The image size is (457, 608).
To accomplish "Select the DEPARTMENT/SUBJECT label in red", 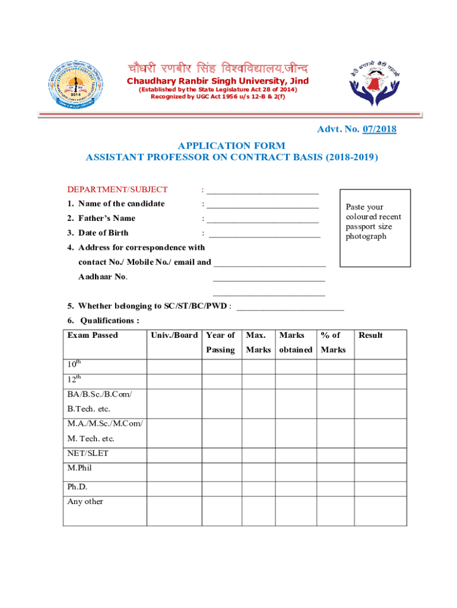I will click(x=117, y=189).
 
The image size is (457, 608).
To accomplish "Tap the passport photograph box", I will click(x=374, y=228).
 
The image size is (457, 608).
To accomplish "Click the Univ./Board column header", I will click(x=174, y=335).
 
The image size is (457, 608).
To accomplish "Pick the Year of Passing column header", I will click(x=221, y=343).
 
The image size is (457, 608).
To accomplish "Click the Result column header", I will click(x=370, y=335).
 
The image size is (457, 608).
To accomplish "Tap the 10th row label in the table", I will click(x=75, y=366).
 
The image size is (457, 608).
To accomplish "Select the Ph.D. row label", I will click(x=77, y=487).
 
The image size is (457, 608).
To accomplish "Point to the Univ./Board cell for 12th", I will click(x=174, y=381).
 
